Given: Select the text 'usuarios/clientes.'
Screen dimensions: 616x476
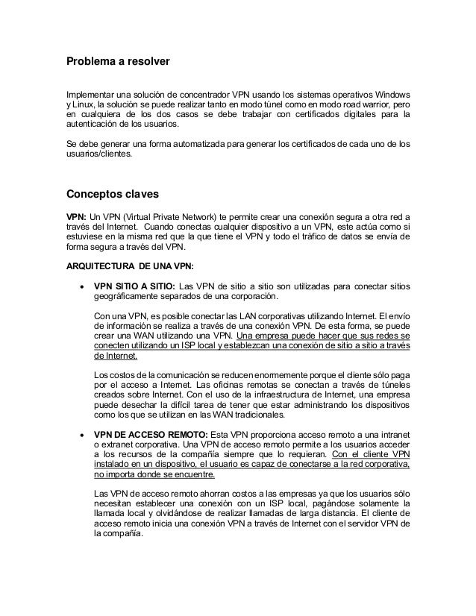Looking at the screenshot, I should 97,154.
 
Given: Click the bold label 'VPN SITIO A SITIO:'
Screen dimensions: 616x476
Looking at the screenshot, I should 135,286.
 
